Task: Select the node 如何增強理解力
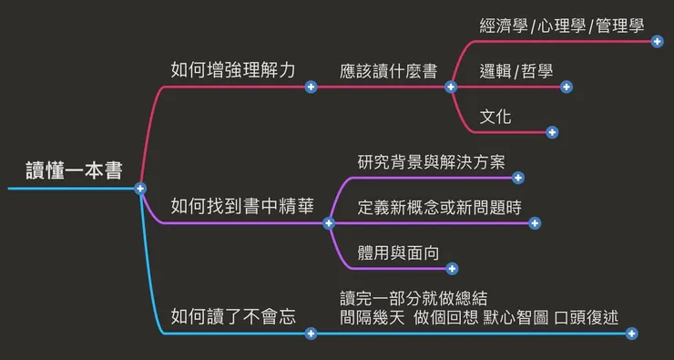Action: (233, 69)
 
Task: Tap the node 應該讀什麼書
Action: (388, 70)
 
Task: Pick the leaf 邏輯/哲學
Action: (516, 70)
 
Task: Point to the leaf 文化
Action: (495, 116)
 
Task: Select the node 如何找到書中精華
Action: (242, 206)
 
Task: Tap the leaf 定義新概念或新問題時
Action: (440, 206)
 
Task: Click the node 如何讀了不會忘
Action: (234, 316)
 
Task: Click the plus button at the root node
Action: (140, 189)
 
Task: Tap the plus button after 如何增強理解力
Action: (311, 87)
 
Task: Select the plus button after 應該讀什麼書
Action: (450, 87)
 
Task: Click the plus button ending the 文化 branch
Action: (552, 132)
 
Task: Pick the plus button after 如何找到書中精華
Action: (329, 223)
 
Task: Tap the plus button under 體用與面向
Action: (453, 269)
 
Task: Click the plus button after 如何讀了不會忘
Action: (311, 334)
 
